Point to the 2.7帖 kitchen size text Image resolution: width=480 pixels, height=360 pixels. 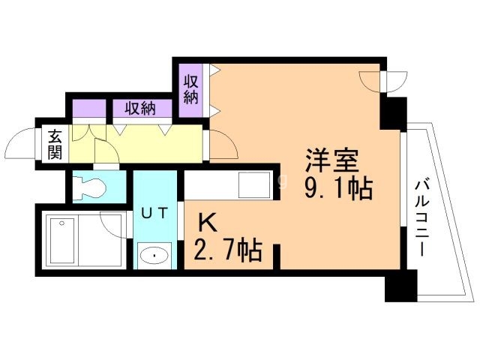click(x=229, y=248)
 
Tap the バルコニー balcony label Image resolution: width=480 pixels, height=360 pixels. click(x=421, y=218)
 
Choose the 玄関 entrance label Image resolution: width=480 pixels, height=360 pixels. click(x=55, y=144)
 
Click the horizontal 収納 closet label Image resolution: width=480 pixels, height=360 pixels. click(x=139, y=109)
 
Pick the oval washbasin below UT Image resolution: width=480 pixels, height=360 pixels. click(x=154, y=255)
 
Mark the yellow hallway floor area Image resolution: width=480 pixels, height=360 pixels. click(x=150, y=145)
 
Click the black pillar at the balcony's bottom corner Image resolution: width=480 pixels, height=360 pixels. click(x=400, y=288)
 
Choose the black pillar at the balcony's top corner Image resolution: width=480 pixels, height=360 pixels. click(x=392, y=111)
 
